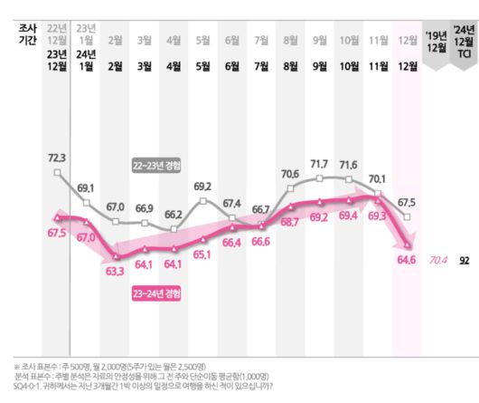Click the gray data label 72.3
(x=57, y=158)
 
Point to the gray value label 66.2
(x=174, y=216)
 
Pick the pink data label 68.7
(x=290, y=221)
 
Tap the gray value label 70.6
(x=290, y=174)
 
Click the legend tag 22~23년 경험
(x=157, y=165)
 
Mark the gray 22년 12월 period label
(x=57, y=34)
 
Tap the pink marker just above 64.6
(x=409, y=245)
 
